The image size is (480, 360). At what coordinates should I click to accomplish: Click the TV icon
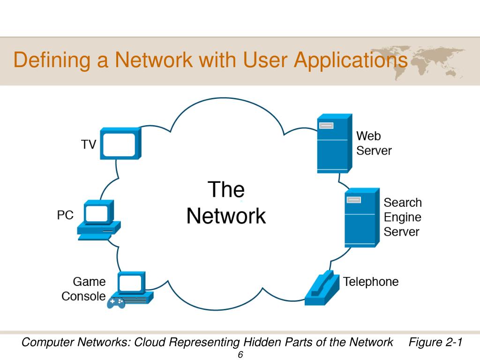(x=121, y=143)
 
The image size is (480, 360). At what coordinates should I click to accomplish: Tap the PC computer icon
(x=99, y=220)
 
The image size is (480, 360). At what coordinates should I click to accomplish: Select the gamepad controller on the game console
(x=116, y=303)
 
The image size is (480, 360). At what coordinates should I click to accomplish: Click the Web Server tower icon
(x=335, y=143)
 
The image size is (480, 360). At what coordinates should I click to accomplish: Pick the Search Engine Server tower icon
(x=362, y=217)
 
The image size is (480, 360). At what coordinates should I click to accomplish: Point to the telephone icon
(x=322, y=288)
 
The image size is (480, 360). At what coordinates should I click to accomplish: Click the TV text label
(x=89, y=144)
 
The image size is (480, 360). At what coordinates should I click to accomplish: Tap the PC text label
(x=65, y=215)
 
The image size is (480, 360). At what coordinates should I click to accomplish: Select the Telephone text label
(x=371, y=282)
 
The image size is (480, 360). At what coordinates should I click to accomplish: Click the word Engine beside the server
(x=403, y=217)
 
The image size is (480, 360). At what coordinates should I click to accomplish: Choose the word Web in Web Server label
(x=368, y=136)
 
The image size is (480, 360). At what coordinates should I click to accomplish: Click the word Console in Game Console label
(x=83, y=296)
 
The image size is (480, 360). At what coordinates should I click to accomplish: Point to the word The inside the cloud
(x=226, y=189)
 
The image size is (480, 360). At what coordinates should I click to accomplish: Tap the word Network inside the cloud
(x=226, y=216)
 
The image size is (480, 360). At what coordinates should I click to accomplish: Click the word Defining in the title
(x=52, y=60)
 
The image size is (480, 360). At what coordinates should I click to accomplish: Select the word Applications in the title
(x=351, y=60)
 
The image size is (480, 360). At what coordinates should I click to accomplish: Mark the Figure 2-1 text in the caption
(x=435, y=342)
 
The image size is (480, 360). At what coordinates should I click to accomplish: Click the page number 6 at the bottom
(x=240, y=354)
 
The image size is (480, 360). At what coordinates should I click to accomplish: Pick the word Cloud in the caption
(x=150, y=342)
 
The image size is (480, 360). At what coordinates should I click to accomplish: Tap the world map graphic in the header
(x=418, y=62)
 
